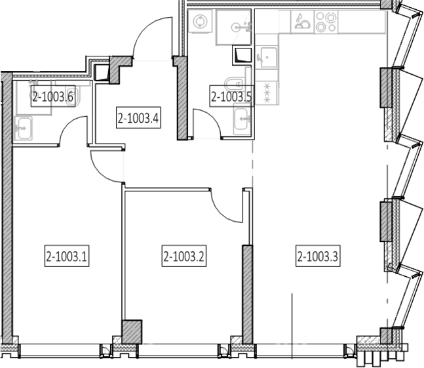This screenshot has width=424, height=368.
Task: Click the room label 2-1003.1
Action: (x=67, y=256)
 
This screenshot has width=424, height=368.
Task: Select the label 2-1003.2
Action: (x=184, y=256)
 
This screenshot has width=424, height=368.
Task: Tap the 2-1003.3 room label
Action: (x=318, y=256)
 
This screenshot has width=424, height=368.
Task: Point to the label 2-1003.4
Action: (x=138, y=117)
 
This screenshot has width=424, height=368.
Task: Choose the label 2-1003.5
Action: (x=232, y=96)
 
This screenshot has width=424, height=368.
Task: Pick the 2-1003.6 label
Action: (x=52, y=96)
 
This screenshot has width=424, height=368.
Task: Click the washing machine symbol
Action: (x=200, y=21)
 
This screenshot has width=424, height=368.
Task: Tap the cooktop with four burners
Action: (x=326, y=22)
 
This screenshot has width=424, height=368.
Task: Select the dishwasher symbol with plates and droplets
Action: (x=303, y=22)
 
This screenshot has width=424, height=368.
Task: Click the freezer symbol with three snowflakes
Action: (x=267, y=92)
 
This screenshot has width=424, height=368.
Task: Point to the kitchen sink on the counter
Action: (x=267, y=57)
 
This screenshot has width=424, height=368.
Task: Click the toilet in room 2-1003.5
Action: (x=235, y=84)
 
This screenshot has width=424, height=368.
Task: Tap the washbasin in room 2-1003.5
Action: (x=242, y=119)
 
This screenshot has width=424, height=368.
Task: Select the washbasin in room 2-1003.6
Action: (x=24, y=128)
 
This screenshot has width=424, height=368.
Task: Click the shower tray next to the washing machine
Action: (x=234, y=28)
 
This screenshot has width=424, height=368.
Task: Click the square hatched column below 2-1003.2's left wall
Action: (x=132, y=332)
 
